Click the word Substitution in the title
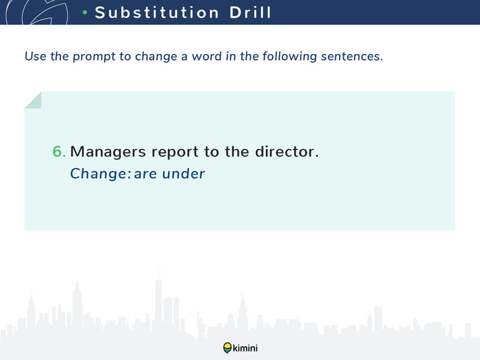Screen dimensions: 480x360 (157, 13)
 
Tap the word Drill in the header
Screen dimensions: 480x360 (250, 13)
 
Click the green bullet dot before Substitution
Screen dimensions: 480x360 (85, 13)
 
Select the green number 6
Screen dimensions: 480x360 (59, 151)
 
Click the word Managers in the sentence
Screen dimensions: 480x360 (108, 152)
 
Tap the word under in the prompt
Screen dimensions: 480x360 (184, 173)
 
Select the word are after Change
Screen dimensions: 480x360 (145, 175)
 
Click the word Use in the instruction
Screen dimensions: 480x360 (35, 56)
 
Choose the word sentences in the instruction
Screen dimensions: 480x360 (352, 56)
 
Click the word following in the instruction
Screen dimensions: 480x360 (289, 56)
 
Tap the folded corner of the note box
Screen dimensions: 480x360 (33, 100)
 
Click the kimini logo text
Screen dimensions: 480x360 (245, 348)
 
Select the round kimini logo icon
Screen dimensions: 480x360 (227, 348)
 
